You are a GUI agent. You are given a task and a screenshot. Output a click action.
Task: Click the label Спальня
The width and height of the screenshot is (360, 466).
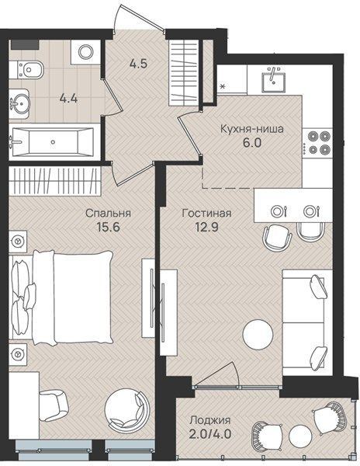pyautogui.click(x=108, y=214)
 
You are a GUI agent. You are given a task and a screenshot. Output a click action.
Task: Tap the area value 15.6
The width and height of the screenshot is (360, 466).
pyautogui.click(x=108, y=228)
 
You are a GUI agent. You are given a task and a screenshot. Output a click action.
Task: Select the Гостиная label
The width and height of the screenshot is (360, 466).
pyautogui.click(x=206, y=213)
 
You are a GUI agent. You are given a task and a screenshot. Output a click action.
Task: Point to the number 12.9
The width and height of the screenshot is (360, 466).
pyautogui.click(x=206, y=228)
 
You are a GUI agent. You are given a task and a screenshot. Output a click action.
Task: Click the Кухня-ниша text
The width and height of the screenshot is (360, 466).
pyautogui.click(x=252, y=129)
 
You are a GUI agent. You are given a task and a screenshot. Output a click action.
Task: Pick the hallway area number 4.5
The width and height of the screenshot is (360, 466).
pyautogui.click(x=139, y=64)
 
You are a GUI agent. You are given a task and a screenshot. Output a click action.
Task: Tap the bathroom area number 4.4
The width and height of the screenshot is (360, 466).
pyautogui.click(x=68, y=98)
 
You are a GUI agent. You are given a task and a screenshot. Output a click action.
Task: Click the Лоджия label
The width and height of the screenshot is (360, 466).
pyautogui.click(x=210, y=420)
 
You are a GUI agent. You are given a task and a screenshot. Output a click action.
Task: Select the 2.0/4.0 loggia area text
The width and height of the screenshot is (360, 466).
pyautogui.click(x=210, y=434)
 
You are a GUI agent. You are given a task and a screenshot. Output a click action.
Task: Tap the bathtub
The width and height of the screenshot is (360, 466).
pyautogui.click(x=53, y=142)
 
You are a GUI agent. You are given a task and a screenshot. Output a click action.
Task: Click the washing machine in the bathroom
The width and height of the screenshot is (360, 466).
pyautogui.click(x=86, y=52)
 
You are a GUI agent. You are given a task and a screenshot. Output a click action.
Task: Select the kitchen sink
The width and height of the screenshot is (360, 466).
pyautogui.click(x=273, y=78)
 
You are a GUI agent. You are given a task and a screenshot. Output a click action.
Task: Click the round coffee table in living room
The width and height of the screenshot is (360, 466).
pyautogui.click(x=258, y=334)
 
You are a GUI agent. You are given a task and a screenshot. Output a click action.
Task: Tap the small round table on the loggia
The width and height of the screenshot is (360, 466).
pyautogui.click(x=300, y=436)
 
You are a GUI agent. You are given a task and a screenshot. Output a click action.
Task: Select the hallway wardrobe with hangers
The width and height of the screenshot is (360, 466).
pyautogui.click(x=183, y=72)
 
